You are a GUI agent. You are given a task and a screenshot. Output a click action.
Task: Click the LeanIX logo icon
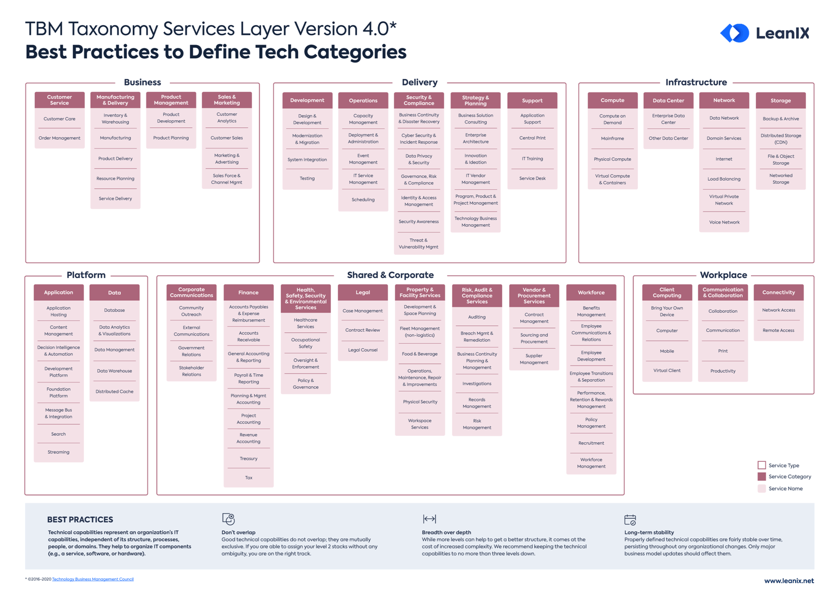pyautogui.click(x=735, y=33)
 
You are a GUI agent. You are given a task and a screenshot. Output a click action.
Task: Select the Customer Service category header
pyautogui.click(x=59, y=100)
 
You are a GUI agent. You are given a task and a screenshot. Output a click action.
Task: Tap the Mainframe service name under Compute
pyautogui.click(x=612, y=139)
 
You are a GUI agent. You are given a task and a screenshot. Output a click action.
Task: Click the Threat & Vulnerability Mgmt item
pyautogui.click(x=418, y=244)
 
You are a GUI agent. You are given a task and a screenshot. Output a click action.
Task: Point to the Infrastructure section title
pyautogui.click(x=696, y=83)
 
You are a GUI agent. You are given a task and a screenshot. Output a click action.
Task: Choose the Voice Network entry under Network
pyautogui.click(x=724, y=222)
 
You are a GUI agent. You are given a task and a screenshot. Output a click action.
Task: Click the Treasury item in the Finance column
pyautogui.click(x=249, y=459)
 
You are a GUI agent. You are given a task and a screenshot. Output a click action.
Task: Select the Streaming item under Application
pyautogui.click(x=58, y=452)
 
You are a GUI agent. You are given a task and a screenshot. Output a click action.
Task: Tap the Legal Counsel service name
pyautogui.click(x=362, y=350)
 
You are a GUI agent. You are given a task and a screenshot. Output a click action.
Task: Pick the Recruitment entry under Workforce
pyautogui.click(x=591, y=443)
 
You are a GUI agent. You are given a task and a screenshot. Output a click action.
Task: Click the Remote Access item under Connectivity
pyautogui.click(x=778, y=331)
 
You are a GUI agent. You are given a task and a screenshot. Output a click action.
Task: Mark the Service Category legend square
pyautogui.click(x=762, y=477)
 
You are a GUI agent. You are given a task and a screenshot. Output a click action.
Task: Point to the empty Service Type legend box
pyautogui.click(x=762, y=465)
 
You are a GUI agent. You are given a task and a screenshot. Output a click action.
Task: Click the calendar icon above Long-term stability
pyautogui.click(x=630, y=519)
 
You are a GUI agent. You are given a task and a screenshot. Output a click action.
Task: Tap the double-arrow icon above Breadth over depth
pyautogui.click(x=429, y=519)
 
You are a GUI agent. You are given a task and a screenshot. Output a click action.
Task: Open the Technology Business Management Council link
pyautogui.click(x=93, y=579)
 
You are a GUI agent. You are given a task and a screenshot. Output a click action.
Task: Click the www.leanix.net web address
pyautogui.click(x=788, y=581)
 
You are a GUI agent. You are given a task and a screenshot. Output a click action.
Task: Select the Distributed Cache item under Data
pyautogui.click(x=114, y=392)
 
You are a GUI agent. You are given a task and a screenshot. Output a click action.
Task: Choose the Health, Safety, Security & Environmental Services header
pyautogui.click(x=306, y=299)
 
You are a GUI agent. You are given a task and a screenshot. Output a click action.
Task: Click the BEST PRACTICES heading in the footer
pyautogui.click(x=80, y=519)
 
